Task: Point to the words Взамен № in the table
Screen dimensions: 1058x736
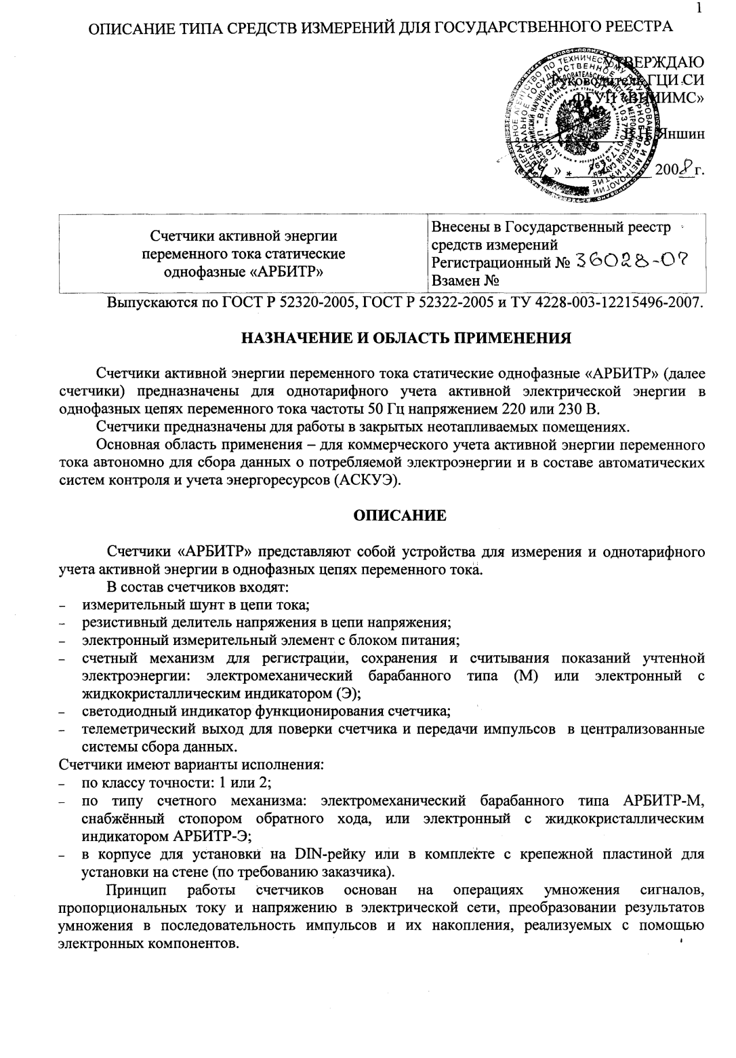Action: click(x=465, y=281)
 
